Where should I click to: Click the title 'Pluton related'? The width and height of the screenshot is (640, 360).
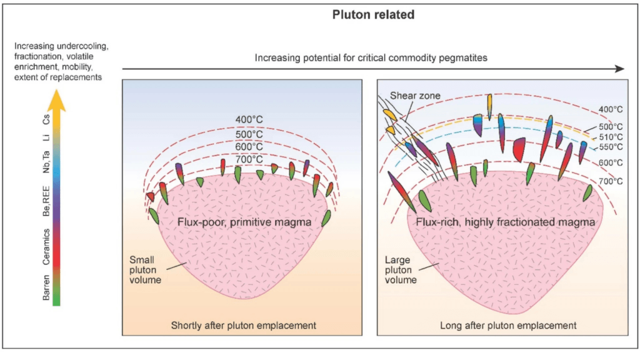click(x=373, y=15)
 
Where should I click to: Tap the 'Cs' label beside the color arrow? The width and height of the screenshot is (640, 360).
click(x=46, y=119)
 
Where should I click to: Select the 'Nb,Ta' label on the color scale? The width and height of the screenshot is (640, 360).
click(x=46, y=162)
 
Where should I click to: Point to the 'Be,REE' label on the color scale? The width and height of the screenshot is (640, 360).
click(x=46, y=201)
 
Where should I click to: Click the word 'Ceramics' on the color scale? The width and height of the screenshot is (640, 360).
click(x=46, y=247)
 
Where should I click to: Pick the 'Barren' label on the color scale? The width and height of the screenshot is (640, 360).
click(x=46, y=287)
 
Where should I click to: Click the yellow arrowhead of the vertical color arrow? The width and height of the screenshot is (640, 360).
click(x=56, y=101)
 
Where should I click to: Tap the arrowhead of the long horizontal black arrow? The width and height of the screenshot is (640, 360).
click(x=619, y=69)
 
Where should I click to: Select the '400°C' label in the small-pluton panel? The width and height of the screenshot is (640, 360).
click(x=249, y=120)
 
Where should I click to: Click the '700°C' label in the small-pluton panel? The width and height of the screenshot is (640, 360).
click(x=249, y=159)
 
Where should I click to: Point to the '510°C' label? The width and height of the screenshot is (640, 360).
click(x=611, y=137)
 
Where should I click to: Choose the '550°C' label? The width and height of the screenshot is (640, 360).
click(x=611, y=147)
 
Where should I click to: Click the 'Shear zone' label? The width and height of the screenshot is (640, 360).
click(x=415, y=96)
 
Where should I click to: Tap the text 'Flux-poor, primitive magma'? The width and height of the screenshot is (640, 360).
click(x=244, y=222)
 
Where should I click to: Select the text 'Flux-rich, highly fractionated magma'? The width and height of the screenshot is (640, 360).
click(x=505, y=222)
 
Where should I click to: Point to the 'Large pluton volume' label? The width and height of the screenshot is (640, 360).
click(x=401, y=270)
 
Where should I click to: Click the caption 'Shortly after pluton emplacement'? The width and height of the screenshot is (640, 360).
click(x=243, y=326)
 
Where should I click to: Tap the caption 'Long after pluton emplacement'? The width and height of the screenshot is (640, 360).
click(x=508, y=326)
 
